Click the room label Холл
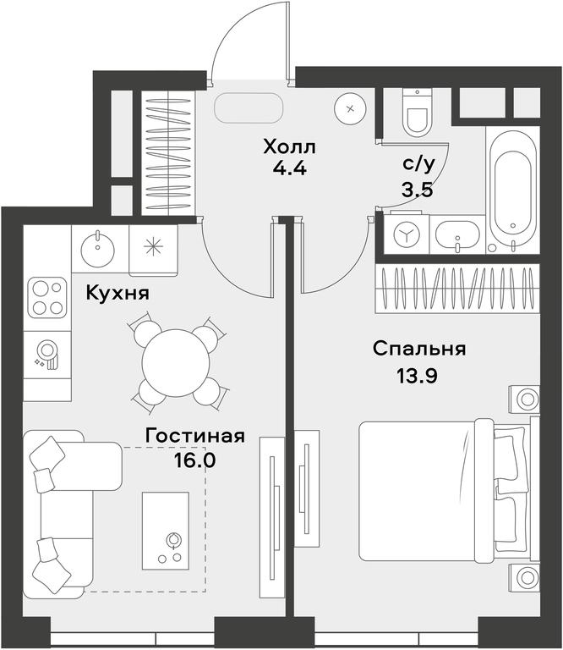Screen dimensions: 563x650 point(289,146)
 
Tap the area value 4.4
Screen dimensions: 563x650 point(289,168)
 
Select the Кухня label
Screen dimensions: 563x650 point(118,294)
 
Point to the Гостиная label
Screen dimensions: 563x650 point(195,436)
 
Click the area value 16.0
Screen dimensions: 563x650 point(194,460)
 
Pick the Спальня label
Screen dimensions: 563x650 point(419,349)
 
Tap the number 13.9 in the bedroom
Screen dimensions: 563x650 point(418,376)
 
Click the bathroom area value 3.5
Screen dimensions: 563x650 point(417,190)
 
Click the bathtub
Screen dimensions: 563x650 point(512,190)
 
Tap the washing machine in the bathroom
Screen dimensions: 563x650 point(407,234)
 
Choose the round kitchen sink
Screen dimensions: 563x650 point(97,248)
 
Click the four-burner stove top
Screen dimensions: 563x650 point(47,297)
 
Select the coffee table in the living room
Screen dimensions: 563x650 point(166,531)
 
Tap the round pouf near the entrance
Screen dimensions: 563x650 point(350,108)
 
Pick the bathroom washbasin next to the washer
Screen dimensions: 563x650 point(457,234)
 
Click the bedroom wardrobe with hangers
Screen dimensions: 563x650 point(457,289)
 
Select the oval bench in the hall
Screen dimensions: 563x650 point(249,107)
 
